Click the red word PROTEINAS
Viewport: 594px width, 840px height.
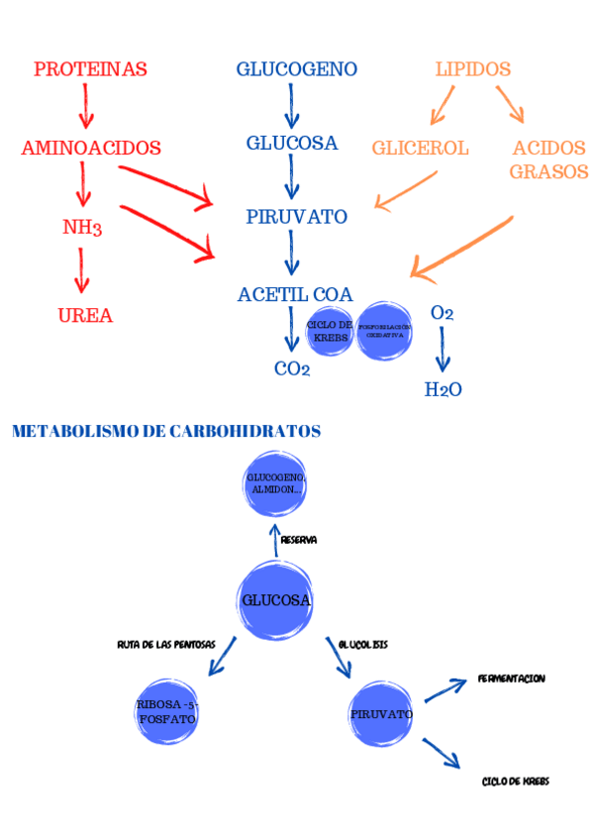90,69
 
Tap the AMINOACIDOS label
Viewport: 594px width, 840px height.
91,148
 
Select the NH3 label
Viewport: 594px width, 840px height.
82,228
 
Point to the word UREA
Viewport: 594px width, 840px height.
85,316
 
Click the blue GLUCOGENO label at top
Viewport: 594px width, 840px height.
296,69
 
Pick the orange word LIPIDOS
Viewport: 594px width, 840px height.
473,69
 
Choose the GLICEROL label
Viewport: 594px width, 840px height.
420,148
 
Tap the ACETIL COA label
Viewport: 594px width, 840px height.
295,294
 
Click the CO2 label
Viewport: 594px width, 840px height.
292,369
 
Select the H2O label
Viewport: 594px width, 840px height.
443,389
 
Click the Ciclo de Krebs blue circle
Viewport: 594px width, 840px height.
330,332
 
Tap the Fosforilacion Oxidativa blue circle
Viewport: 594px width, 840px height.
384,332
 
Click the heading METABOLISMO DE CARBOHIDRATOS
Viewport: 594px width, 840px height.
166,432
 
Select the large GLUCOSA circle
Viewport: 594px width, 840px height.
276,599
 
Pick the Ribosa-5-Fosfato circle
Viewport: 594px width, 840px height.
167,711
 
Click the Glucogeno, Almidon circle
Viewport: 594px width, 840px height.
275,484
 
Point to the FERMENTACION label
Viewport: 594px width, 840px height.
511,679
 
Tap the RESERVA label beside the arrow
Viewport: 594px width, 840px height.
298,540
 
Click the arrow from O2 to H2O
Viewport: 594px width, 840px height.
443,352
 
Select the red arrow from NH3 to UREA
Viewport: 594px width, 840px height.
83,271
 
